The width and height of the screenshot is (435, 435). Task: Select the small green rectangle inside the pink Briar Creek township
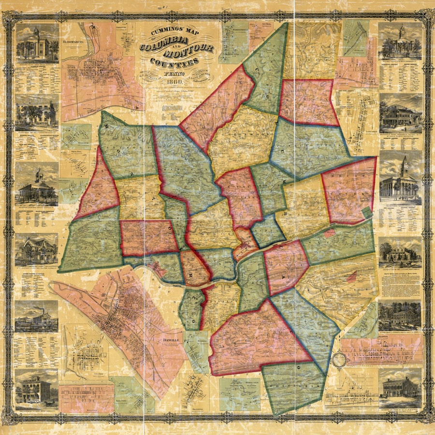(x=368, y=211)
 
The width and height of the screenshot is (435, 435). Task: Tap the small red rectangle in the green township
(x=330, y=233)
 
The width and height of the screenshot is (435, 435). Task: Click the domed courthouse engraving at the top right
(x=400, y=43)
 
